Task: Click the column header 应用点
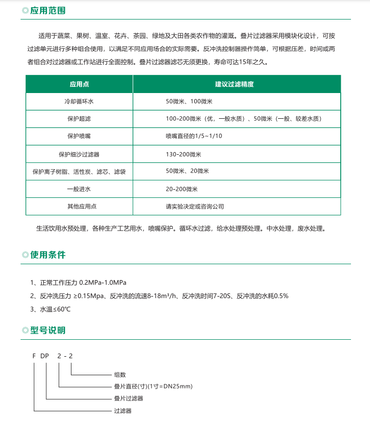[x=79, y=84]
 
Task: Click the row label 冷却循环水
[x=79, y=102]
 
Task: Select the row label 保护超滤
[x=79, y=119]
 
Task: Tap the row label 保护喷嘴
[x=79, y=137]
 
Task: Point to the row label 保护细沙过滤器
[x=79, y=154]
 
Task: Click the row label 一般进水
[x=79, y=189]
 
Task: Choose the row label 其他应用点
[x=79, y=207]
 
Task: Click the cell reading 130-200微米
[x=183, y=154]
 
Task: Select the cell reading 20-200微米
[x=181, y=189]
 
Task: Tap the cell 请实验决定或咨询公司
[x=195, y=207]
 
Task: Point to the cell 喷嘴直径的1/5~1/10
[x=194, y=137]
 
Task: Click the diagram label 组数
[x=120, y=375]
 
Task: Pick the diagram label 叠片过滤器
[x=128, y=399]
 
